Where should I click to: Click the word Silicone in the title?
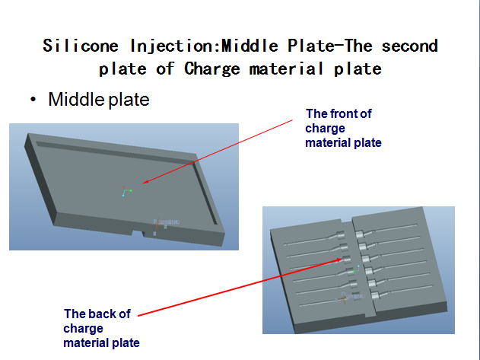81,46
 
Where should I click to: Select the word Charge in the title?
211,69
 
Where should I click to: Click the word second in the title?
410,46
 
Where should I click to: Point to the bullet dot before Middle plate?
33,99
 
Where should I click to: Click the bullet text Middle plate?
99,100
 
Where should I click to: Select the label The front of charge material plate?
343,128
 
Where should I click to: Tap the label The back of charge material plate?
101,328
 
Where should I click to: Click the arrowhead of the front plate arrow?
145,183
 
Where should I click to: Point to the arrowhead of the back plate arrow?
339,260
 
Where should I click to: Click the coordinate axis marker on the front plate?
127,191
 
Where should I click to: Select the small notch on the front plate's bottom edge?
138,234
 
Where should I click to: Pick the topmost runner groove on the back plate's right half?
386,230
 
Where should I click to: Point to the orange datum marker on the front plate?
157,225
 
